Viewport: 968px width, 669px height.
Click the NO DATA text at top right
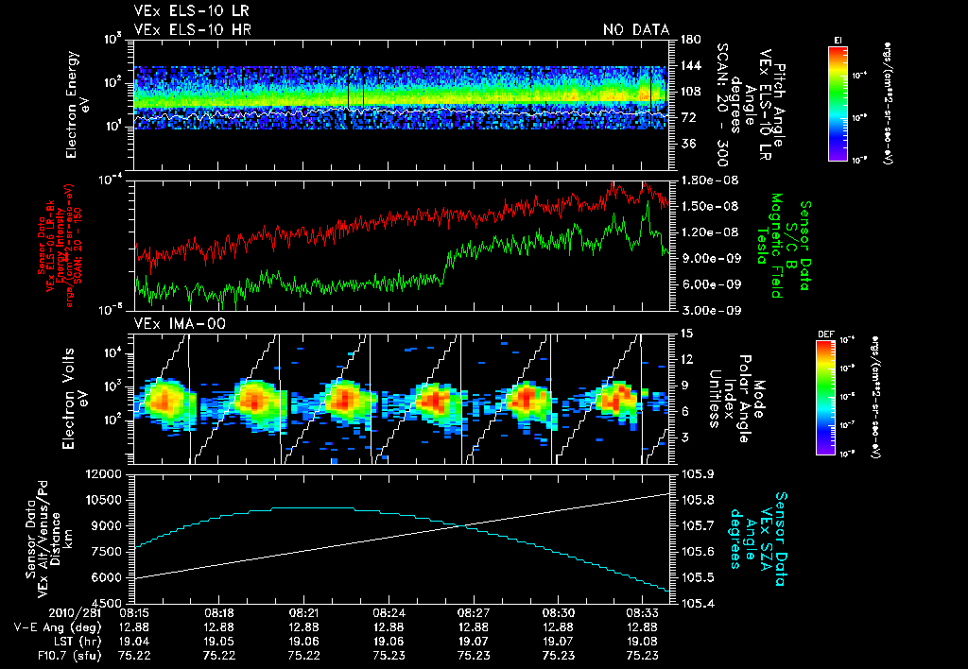point(636,30)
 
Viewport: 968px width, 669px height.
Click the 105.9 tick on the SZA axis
point(693,473)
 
